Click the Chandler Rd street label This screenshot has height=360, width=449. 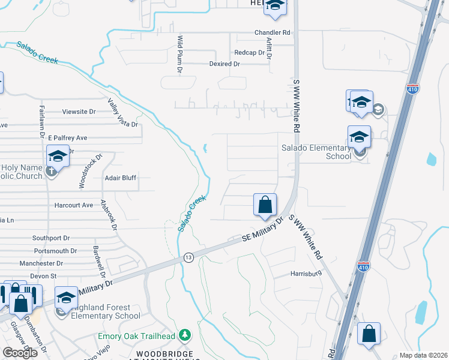272,32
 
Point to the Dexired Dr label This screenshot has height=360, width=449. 224,64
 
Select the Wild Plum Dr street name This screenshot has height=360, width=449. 179,54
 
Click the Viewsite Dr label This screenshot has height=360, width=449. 79,112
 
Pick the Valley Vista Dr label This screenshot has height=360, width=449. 122,113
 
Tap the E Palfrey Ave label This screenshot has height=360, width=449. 68,137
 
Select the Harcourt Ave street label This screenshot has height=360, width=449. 73,205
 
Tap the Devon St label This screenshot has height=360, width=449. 43,276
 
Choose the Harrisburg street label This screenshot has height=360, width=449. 306,274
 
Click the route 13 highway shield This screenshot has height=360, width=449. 188,257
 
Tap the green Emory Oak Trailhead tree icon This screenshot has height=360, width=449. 185,334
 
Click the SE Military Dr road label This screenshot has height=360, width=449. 262,230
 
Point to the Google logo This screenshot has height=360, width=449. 19,353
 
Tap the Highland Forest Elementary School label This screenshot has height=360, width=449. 106,311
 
